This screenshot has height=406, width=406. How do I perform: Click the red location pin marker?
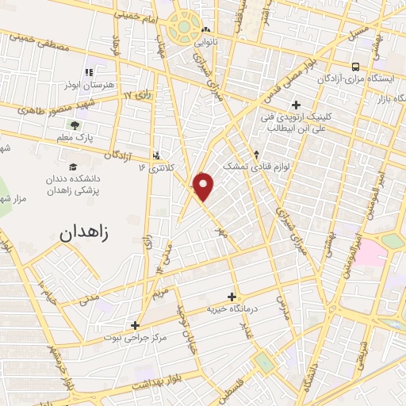(205, 186)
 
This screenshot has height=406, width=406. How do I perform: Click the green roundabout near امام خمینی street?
(184, 26)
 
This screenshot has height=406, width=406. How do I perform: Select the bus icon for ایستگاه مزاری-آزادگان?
(355, 67)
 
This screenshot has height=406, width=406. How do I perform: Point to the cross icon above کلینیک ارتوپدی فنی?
(297, 104)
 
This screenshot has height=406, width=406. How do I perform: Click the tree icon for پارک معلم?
(75, 125)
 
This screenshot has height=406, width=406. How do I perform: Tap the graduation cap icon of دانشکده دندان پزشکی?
(73, 167)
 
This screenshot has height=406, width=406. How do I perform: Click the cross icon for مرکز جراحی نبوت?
(136, 325)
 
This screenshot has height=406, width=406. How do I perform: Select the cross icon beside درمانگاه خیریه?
(232, 296)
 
